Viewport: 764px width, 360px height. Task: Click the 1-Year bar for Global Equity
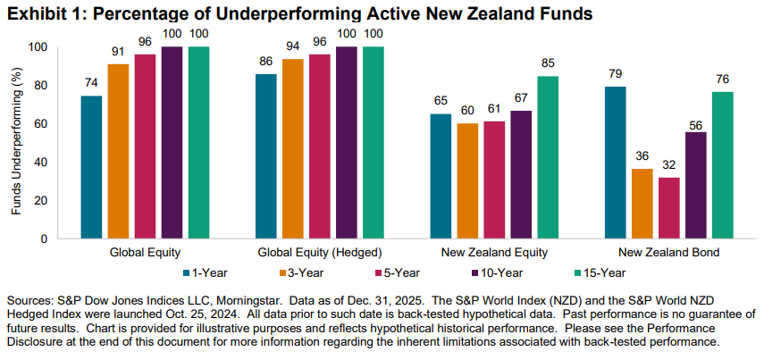pos(91,167)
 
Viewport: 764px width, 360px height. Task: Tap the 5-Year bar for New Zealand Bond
pos(668,208)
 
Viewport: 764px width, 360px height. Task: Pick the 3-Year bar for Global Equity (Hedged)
pos(293,148)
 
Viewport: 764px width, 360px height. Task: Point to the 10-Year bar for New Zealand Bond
pos(695,185)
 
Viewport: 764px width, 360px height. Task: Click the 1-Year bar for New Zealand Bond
pos(615,163)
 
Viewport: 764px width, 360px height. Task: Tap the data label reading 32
pos(668,165)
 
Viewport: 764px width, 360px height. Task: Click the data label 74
pos(91,83)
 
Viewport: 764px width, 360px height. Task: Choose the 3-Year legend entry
pos(298,272)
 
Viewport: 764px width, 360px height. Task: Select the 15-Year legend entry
pos(599,272)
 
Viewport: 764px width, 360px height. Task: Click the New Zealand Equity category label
pos(495,253)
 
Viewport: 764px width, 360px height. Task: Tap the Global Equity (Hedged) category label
pos(319,253)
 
